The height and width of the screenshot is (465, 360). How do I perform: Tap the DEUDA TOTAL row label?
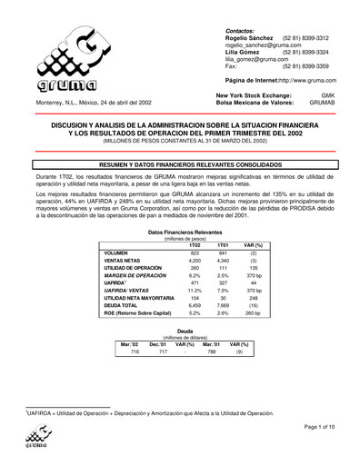[126, 304]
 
